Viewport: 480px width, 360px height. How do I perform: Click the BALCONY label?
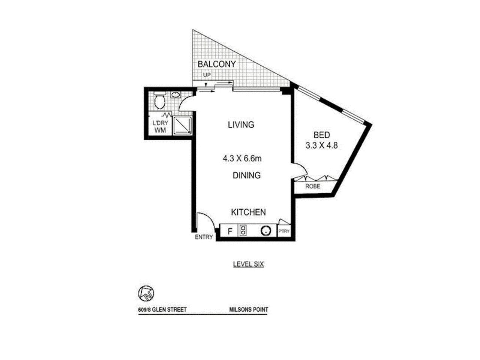click(217, 64)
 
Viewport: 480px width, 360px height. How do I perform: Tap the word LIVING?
click(241, 125)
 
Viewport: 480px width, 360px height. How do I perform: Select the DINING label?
click(246, 175)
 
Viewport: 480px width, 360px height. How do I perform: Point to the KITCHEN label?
click(248, 212)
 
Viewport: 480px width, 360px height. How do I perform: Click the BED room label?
click(321, 135)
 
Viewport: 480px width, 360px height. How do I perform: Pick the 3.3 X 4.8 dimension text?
click(322, 146)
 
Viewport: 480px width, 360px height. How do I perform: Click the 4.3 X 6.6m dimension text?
click(242, 159)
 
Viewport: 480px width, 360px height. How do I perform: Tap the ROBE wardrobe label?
click(313, 186)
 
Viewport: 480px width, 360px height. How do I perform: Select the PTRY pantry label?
click(284, 231)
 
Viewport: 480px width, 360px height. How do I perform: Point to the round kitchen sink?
click(266, 231)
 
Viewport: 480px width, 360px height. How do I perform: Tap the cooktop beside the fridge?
click(243, 231)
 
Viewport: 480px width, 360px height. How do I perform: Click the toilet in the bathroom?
click(159, 100)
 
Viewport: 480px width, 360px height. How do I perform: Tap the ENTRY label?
click(204, 237)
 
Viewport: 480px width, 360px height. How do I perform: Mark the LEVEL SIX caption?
click(248, 264)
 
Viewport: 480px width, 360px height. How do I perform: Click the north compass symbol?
click(146, 293)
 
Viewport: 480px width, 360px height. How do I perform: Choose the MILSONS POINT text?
click(249, 310)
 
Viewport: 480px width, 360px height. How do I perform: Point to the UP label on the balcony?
click(207, 75)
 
